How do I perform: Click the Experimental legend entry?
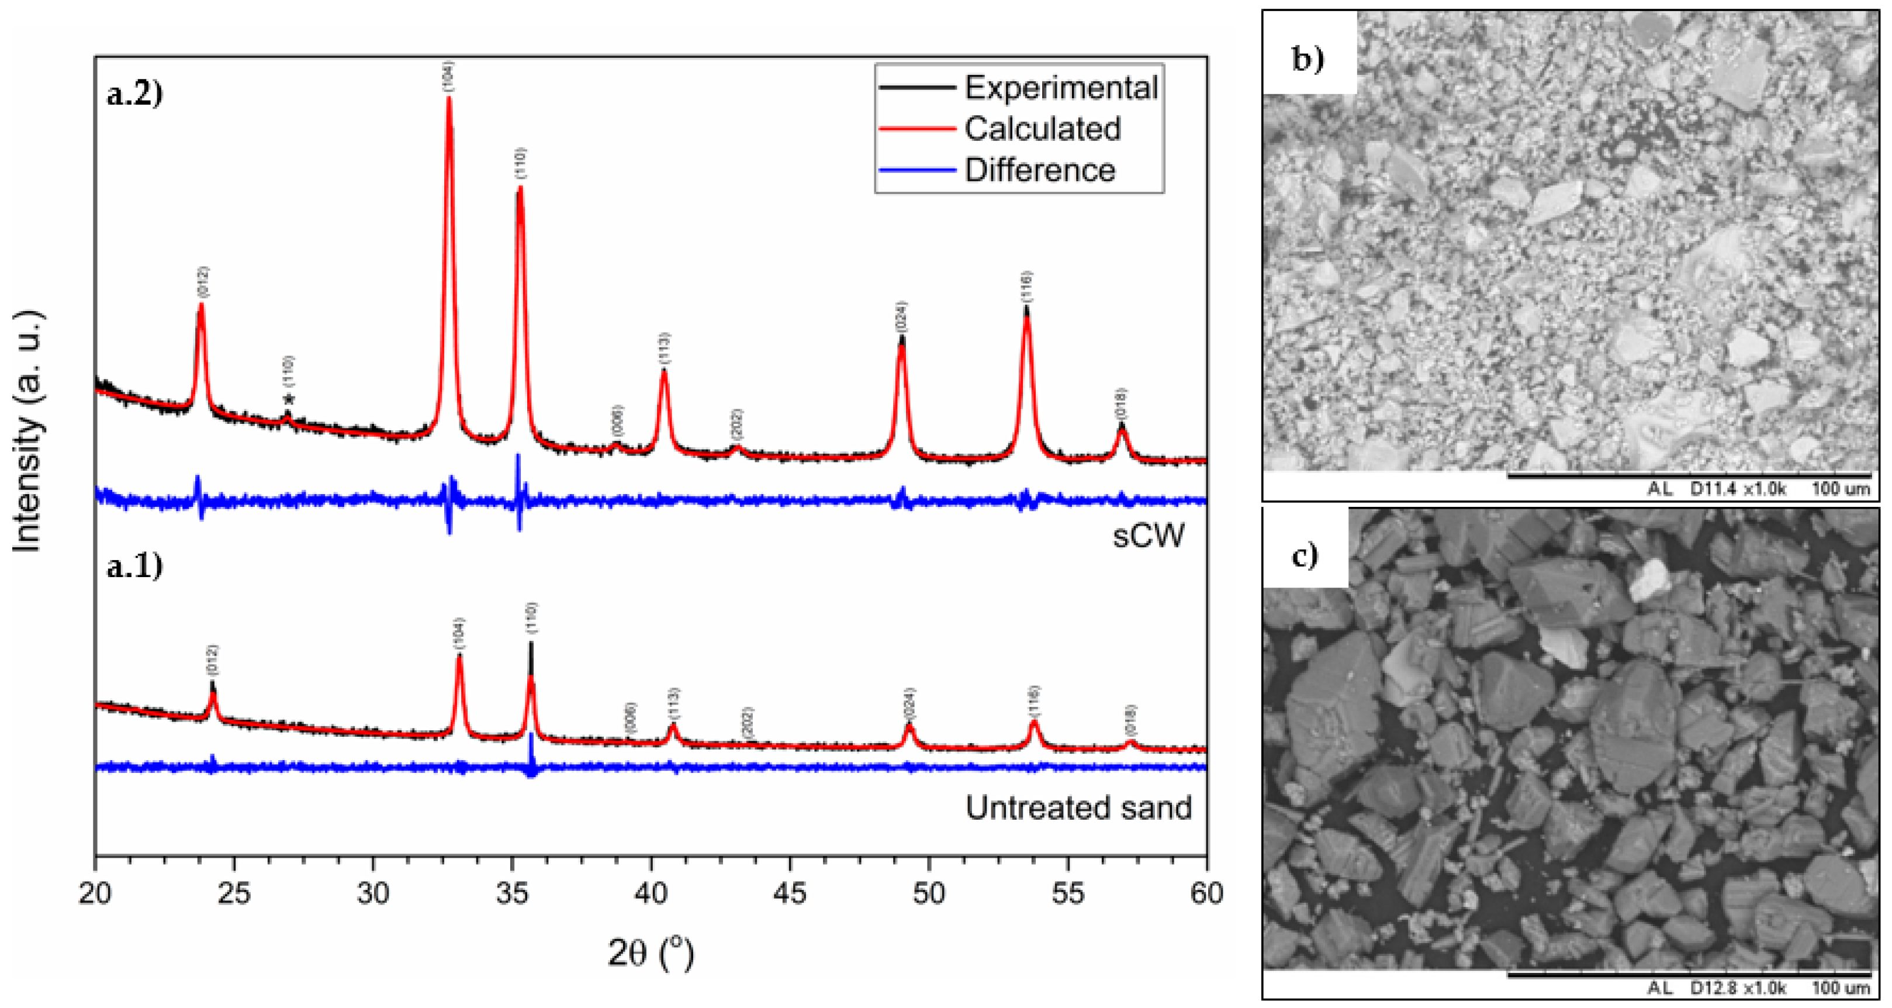tap(1061, 88)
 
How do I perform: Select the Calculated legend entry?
tap(1042, 129)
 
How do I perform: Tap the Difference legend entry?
tap(1039, 171)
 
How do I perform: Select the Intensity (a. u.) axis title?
tap(29, 433)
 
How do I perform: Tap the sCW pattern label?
tap(1148, 536)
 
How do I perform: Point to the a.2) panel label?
tap(134, 95)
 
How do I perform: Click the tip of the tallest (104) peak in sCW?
tap(449, 98)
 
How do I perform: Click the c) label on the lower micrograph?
tap(1305, 556)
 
